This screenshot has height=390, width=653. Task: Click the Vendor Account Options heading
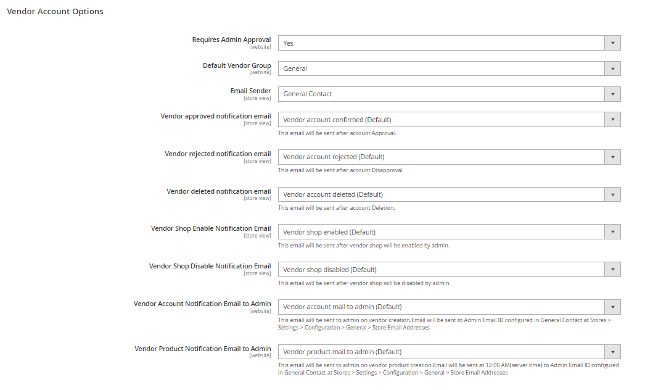[55, 12]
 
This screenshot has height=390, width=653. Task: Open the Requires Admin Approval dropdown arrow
[612, 43]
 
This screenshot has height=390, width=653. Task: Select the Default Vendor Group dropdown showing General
[441, 68]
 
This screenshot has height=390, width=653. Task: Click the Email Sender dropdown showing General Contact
[441, 94]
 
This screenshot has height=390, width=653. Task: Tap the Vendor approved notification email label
[215, 116]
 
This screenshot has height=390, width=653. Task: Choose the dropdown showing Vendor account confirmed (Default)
[441, 120]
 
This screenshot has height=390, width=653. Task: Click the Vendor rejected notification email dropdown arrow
[612, 157]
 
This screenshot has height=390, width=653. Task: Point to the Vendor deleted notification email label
[218, 191]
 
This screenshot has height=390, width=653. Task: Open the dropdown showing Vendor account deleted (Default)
[441, 194]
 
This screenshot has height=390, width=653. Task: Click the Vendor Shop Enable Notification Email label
[211, 228]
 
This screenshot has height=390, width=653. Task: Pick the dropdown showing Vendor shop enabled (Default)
[441, 232]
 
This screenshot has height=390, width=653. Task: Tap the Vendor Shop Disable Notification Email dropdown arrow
[612, 270]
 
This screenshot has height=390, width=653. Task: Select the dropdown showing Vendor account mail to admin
[441, 307]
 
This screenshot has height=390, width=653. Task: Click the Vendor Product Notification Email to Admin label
[202, 349]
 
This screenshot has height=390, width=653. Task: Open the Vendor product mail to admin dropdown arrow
[612, 352]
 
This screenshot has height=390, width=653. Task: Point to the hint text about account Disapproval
[340, 170]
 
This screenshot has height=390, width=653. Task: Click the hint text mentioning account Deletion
[336, 208]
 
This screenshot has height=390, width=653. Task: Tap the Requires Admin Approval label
[231, 39]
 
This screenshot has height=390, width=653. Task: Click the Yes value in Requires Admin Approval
[289, 43]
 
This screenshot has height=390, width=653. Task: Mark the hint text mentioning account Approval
[337, 133]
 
